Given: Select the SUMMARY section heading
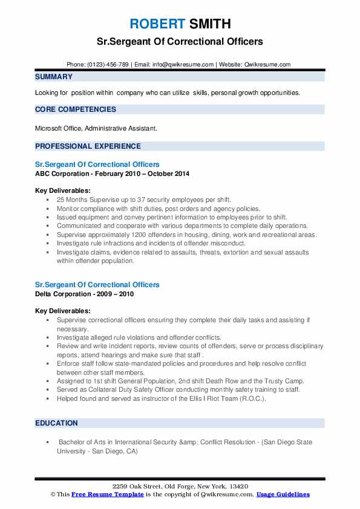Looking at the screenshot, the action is click(54, 77).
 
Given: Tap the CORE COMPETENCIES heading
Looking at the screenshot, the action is click(76, 109).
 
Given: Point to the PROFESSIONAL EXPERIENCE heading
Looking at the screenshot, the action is click(88, 146).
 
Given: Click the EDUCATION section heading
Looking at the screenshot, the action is click(56, 423).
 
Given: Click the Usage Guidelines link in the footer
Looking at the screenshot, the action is click(283, 494).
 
